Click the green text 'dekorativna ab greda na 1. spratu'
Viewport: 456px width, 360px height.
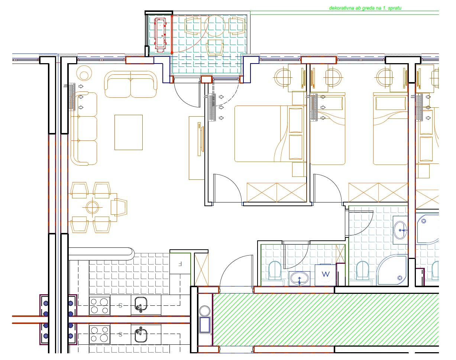coord(365,8)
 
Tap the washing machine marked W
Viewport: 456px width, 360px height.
coord(325,275)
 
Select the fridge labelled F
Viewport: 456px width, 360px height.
coord(180,263)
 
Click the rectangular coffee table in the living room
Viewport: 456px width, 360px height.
coord(129,132)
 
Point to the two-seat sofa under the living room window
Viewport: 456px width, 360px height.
coord(131,84)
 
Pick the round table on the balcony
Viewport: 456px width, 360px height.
coord(215,26)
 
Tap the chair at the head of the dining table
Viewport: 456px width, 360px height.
coord(119,207)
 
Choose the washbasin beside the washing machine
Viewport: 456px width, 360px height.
coord(299,278)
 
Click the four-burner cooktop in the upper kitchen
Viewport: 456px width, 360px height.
coord(99,305)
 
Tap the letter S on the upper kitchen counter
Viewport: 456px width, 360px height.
coord(120,305)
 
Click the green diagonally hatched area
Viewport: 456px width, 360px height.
coord(326,320)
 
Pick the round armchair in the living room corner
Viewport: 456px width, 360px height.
coord(84,73)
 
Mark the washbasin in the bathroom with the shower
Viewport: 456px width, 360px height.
coord(400,230)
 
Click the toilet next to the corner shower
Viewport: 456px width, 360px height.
coord(363,270)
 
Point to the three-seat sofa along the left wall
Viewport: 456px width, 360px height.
coord(84,129)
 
